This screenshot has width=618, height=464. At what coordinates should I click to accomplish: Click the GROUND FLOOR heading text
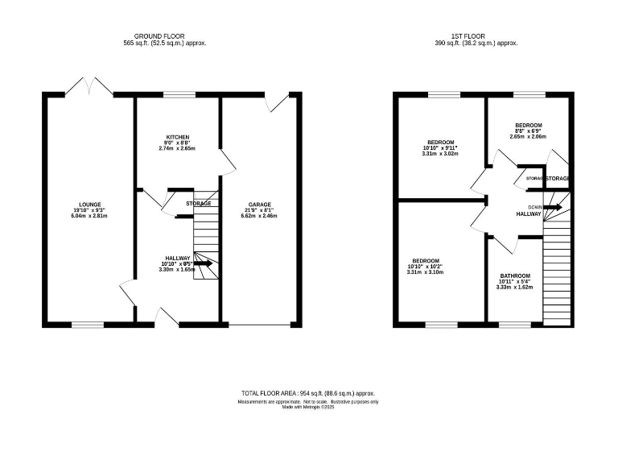[165, 36]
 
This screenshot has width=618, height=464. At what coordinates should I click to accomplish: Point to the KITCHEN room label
[178, 137]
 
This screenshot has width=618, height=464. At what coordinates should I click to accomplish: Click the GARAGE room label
[259, 205]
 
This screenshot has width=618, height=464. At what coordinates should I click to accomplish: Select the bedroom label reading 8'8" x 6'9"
[528, 126]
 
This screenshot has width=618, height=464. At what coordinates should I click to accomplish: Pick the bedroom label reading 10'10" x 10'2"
[426, 261]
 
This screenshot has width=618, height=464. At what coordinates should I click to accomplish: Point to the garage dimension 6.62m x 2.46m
[259, 217]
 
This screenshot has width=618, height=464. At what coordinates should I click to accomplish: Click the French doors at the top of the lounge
[89, 85]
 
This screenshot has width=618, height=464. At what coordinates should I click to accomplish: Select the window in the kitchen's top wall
[179, 95]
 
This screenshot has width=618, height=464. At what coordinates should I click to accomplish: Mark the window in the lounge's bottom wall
[88, 325]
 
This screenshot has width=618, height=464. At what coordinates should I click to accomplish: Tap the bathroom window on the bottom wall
[509, 325]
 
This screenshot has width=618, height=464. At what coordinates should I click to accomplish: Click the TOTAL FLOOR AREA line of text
[309, 392]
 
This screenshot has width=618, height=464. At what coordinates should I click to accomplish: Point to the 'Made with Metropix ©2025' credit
[308, 407]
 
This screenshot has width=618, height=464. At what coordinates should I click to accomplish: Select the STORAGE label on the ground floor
[199, 204]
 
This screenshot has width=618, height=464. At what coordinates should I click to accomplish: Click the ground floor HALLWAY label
[178, 258]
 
